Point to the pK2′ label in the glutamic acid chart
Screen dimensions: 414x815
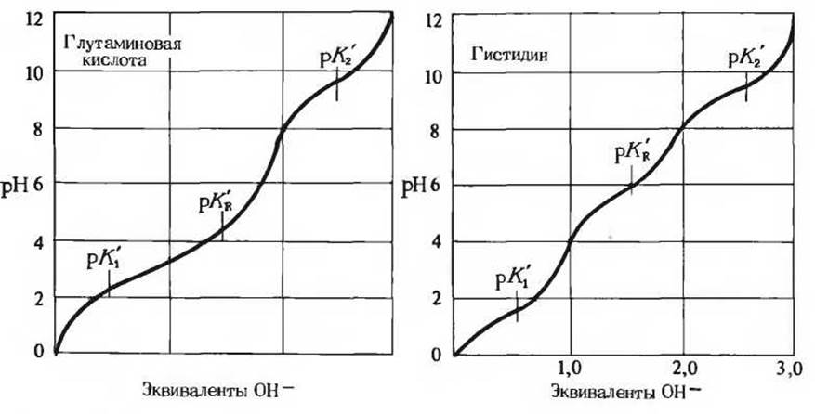(x=335, y=60)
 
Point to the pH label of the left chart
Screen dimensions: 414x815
(x=21, y=185)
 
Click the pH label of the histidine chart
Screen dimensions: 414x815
(x=415, y=185)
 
